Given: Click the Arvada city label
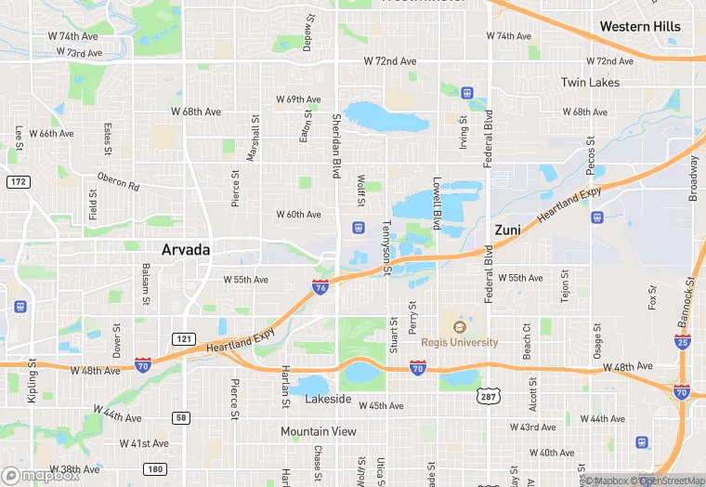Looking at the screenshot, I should point(186,250).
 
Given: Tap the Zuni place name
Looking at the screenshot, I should point(507,229).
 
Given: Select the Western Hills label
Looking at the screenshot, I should point(639,26).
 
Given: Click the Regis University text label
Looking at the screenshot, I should point(459,342).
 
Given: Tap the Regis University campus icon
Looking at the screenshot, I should point(458,326).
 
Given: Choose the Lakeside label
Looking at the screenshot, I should point(328,400).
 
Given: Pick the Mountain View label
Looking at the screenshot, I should point(319,431).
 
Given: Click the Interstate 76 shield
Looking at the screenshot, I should point(320,289).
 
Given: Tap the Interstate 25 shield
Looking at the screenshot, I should point(682,342).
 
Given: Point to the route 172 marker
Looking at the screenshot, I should point(18,181).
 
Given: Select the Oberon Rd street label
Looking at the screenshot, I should point(118,181).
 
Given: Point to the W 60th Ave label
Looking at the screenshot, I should point(298,215).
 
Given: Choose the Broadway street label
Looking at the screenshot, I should point(693,177).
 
